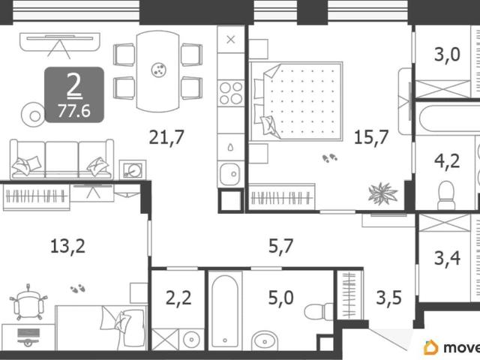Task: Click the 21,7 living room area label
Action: tap(166, 136)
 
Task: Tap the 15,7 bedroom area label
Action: tap(371, 136)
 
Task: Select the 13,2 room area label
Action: tap(67, 246)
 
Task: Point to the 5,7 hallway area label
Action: tap(280, 246)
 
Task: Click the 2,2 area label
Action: tap(178, 298)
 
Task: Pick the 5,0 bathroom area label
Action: tap(280, 298)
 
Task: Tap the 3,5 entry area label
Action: tap(388, 298)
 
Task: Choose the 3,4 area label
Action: tap(447, 258)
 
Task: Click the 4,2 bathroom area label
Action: tap(447, 161)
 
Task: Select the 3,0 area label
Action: tap(447, 55)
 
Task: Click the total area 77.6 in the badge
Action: tap(74, 110)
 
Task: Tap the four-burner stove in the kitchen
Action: tap(231, 93)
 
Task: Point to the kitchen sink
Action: tap(230, 174)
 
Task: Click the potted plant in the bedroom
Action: tap(382, 193)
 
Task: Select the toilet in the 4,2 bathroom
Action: tap(446, 195)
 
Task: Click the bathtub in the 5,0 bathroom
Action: tap(225, 311)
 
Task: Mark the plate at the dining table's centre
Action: tap(159, 70)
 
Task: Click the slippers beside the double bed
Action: tap(330, 158)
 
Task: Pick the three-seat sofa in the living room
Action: tap(61, 159)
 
